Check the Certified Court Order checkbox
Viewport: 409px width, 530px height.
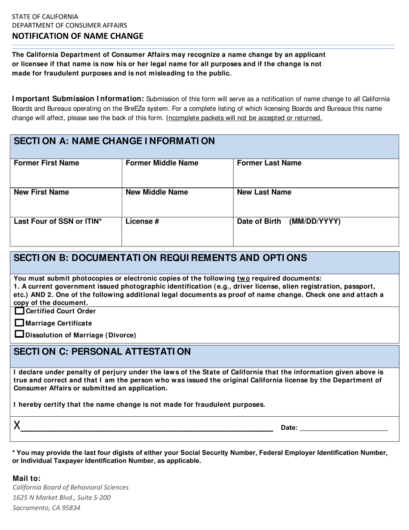pyautogui.click(x=20, y=311)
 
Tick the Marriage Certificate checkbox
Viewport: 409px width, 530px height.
pyautogui.click(x=20, y=323)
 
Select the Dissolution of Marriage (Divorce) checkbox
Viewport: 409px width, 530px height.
pyautogui.click(x=20, y=334)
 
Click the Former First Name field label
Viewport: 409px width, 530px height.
pyautogui.click(x=46, y=163)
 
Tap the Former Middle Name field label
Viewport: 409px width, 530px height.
pyautogui.click(x=162, y=163)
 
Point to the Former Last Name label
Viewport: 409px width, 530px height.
pyautogui.click(x=270, y=163)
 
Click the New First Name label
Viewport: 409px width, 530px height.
pyautogui.click(x=41, y=193)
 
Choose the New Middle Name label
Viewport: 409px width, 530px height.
pyautogui.click(x=157, y=193)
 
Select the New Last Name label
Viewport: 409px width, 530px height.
pyautogui.click(x=264, y=193)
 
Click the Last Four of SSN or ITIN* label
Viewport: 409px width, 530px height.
pyautogui.click(x=58, y=222)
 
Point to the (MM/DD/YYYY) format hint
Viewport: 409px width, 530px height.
pyautogui.click(x=315, y=222)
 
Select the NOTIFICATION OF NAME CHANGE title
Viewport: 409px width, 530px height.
pyautogui.click(x=77, y=36)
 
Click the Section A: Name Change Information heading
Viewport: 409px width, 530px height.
pyautogui.click(x=114, y=141)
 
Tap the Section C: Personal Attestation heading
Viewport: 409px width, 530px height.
pyautogui.click(x=102, y=352)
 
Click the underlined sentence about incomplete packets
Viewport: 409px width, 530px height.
pyautogui.click(x=244, y=118)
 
